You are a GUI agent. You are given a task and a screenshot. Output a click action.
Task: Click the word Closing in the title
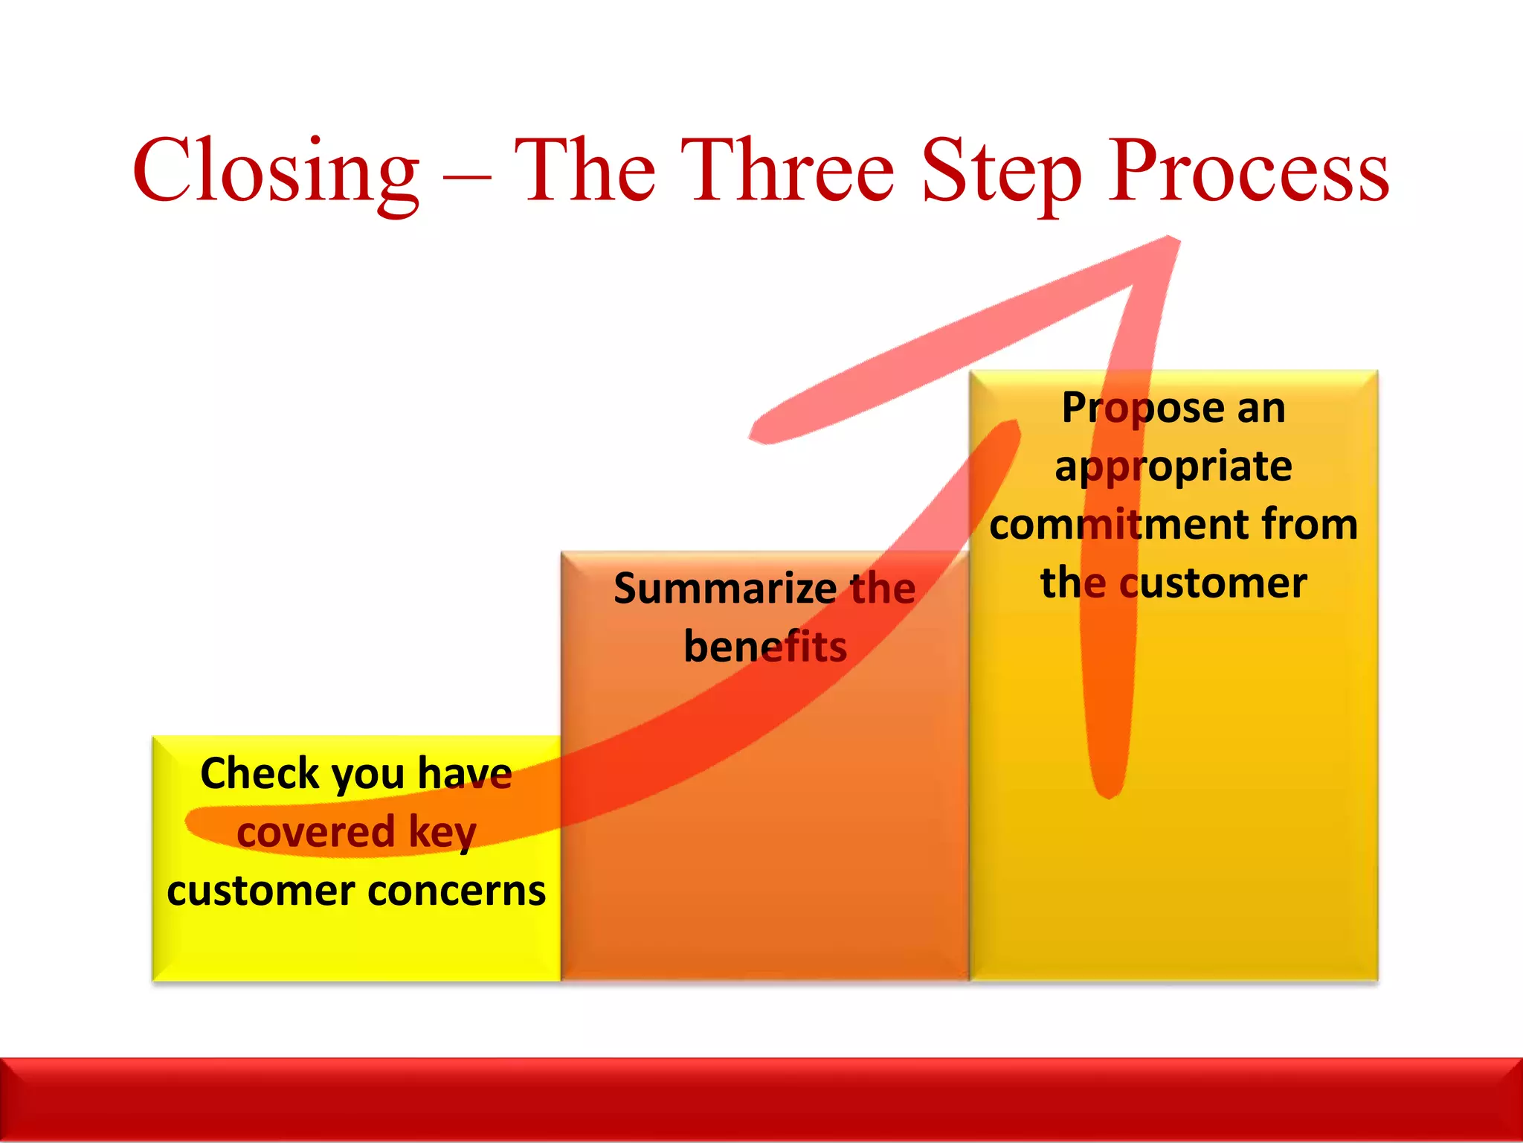[x=276, y=173]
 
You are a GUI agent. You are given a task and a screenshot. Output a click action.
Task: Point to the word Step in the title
[x=1001, y=173]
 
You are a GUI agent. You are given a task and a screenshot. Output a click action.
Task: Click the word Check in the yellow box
[x=260, y=773]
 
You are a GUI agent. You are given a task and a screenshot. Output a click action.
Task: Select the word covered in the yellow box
[x=315, y=832]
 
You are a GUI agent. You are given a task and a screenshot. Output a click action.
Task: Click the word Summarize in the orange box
[x=725, y=589]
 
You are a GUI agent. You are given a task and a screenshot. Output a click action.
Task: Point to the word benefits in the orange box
[x=765, y=647]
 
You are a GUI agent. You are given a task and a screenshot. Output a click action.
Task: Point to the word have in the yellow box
[x=465, y=773]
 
